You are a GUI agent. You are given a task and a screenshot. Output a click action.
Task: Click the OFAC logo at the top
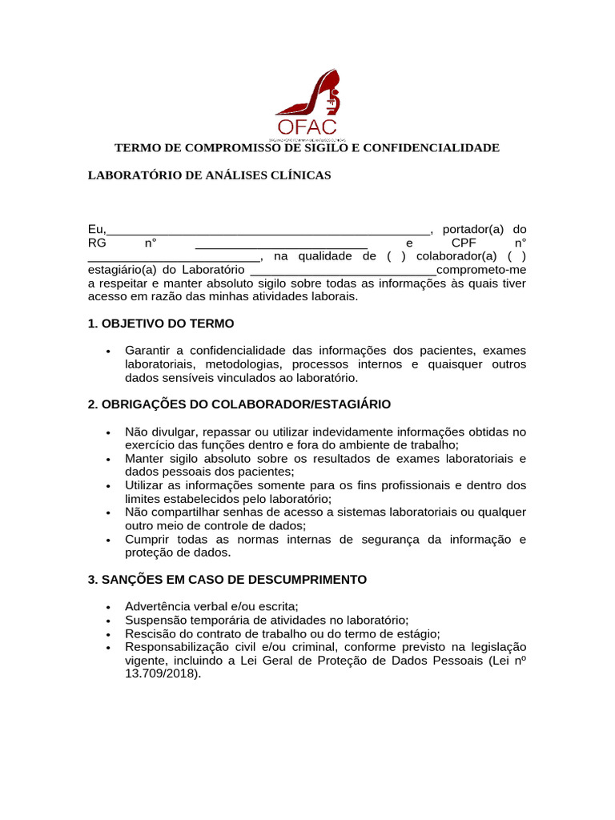tap(307, 105)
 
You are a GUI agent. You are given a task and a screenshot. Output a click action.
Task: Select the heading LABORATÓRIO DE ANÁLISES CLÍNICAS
tap(209, 175)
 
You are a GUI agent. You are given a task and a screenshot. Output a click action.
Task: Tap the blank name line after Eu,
tap(268, 231)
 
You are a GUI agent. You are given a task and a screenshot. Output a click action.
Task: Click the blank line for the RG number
tap(281, 244)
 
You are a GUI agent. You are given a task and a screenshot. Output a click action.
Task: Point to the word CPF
tap(464, 243)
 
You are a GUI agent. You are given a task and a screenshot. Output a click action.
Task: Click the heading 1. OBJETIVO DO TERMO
tap(161, 324)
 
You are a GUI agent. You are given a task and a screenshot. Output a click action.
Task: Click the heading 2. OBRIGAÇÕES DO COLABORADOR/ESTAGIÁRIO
tap(239, 404)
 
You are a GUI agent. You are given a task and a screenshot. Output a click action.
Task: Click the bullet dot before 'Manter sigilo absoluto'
tap(107, 460)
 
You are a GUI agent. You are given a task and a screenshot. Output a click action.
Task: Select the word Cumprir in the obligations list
tap(146, 540)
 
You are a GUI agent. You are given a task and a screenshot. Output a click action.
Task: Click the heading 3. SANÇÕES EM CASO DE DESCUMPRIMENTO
tap(227, 579)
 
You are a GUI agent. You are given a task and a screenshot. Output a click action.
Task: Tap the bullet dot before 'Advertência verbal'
tap(107, 608)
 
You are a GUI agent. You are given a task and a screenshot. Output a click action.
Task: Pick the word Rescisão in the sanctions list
tap(150, 633)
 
